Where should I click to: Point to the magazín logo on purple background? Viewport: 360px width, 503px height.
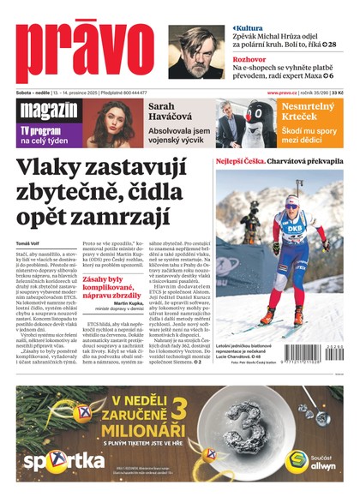47,111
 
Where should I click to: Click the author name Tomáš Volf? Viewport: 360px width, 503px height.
30,245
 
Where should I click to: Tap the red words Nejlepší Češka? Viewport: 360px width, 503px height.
239,160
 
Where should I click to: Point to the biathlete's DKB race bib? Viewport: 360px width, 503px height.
295,229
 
